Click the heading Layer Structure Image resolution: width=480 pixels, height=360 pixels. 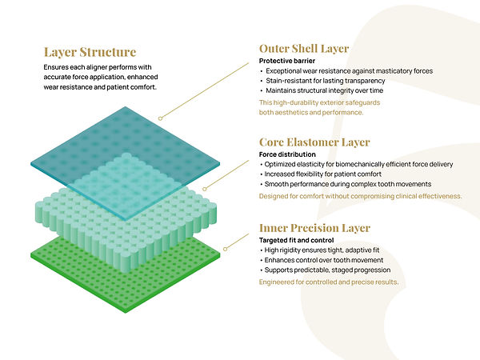tap(90, 53)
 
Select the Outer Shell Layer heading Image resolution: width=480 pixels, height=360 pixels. tap(303, 49)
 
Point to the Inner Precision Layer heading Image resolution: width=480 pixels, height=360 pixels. tap(314, 228)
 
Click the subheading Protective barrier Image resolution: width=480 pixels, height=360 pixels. tap(288, 61)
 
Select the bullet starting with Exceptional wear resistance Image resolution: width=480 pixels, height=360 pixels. tap(348, 70)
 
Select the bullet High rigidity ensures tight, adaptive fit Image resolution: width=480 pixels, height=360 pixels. tap(332, 250)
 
